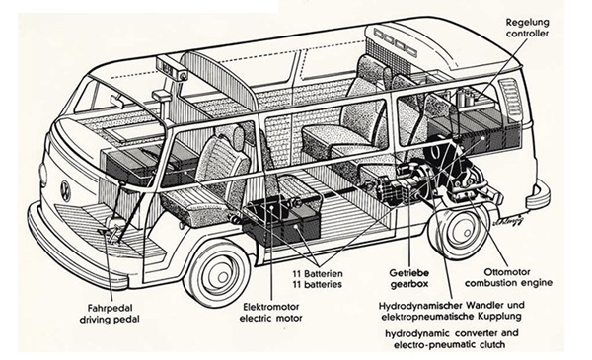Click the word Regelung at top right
pos(527,23)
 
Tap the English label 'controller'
pos(527,34)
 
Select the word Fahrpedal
pos(110,308)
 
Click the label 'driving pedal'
pos(110,320)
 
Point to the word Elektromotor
pos(271,307)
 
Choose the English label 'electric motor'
pos(271,318)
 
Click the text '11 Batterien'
pos(318,273)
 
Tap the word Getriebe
pos(408,272)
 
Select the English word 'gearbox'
pos(409,284)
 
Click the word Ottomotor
pos(507,271)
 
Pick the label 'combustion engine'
pos(508,283)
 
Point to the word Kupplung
pos(500,316)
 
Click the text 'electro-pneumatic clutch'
pos(449,344)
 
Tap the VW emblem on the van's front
pos(66,191)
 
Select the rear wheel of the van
pos(460,231)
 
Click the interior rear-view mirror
pos(118,102)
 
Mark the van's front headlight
pos(42,176)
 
